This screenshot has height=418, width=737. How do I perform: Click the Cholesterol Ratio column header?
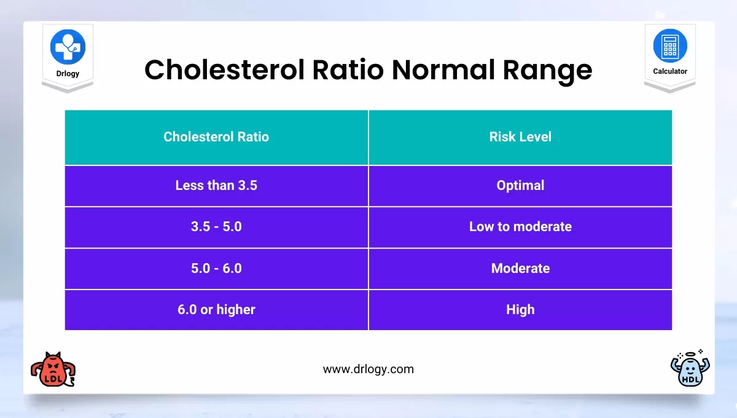[216, 136]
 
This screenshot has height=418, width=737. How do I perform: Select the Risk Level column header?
[520, 136]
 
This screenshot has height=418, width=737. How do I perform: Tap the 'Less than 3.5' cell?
[216, 185]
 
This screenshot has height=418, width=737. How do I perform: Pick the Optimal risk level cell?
[520, 185]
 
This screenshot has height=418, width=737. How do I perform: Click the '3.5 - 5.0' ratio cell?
[216, 226]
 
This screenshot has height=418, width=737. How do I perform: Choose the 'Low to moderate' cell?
[520, 226]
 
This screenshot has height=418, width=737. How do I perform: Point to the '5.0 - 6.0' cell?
[216, 268]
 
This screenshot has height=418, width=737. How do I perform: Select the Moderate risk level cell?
[520, 268]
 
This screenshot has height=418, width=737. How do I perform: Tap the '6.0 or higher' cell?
[216, 309]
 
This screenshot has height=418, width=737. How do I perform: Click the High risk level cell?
[520, 309]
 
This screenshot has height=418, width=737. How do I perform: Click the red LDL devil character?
[52, 370]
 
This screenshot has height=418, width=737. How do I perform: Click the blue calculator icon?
[670, 46]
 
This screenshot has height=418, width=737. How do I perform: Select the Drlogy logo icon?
[68, 46]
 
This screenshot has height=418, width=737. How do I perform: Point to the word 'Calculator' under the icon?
[670, 72]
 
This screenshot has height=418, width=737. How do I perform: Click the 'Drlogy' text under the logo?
[68, 74]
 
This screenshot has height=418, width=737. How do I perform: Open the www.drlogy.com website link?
[368, 369]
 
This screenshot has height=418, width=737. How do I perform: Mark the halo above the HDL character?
[692, 355]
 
